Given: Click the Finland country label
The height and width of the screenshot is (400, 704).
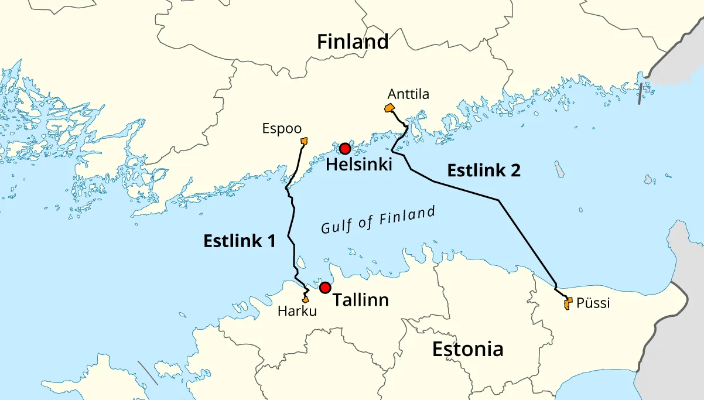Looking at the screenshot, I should [x=353, y=42].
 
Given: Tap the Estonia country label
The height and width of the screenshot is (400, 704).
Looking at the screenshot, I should [x=467, y=349].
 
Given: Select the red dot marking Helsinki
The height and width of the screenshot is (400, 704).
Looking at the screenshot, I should [x=345, y=149].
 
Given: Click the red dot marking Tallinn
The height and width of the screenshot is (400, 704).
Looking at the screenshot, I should [x=325, y=288].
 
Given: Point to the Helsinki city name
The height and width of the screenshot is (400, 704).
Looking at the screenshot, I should [x=358, y=165].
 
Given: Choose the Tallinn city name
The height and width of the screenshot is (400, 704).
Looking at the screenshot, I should [x=361, y=300].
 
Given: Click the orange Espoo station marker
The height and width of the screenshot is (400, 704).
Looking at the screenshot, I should [x=304, y=141].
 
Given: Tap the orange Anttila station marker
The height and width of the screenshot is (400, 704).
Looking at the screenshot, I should [x=389, y=108].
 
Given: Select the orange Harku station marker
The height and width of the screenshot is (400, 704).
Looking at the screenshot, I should [x=305, y=299].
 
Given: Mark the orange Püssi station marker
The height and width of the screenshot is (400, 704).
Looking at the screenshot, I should [x=567, y=303].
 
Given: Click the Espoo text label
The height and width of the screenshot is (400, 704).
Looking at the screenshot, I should [x=282, y=129].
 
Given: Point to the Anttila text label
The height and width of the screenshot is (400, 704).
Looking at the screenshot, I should [x=408, y=94].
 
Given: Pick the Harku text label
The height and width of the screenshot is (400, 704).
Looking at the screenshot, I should [x=297, y=312].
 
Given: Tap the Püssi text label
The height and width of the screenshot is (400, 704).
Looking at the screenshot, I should [x=593, y=303].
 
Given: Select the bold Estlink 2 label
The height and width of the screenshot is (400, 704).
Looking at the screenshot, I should [x=484, y=170].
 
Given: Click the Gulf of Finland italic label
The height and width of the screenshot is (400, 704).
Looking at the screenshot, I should [x=378, y=220].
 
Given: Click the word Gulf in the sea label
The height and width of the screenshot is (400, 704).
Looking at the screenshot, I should [x=334, y=227].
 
